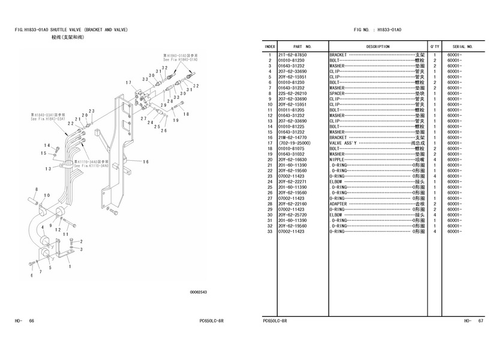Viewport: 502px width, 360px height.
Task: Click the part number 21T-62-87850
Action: pyautogui.click(x=291, y=55)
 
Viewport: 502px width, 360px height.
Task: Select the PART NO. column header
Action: pyautogui.click(x=302, y=46)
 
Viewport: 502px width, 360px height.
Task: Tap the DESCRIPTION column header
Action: pyautogui.click(x=378, y=46)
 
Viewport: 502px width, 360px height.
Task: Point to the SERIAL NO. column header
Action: pyautogui.click(x=462, y=46)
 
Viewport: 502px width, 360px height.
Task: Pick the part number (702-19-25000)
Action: pyautogui.click(x=294, y=143)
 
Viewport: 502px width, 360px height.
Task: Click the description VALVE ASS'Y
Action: pyautogui.click(x=343, y=143)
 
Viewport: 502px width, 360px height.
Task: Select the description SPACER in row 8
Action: pyautogui.click(x=338, y=94)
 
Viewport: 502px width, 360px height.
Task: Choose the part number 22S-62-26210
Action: pyautogui.click(x=292, y=94)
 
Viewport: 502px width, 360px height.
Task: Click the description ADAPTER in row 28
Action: pyautogui.click(x=339, y=203)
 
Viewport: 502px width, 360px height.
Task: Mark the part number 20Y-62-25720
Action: pyautogui.click(x=292, y=214)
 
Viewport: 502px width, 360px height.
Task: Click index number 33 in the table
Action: pyautogui.click(x=270, y=231)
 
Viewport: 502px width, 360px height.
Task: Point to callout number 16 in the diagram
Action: pyautogui.click(x=146, y=161)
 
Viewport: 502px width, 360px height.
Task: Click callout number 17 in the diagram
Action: pyautogui.click(x=128, y=82)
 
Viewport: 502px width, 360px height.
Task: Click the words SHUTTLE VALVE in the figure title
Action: pyautogui.click(x=67, y=29)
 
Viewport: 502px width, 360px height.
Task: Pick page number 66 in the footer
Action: pyautogui.click(x=32, y=321)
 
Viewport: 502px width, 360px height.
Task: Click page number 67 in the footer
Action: pyautogui.click(x=480, y=321)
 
